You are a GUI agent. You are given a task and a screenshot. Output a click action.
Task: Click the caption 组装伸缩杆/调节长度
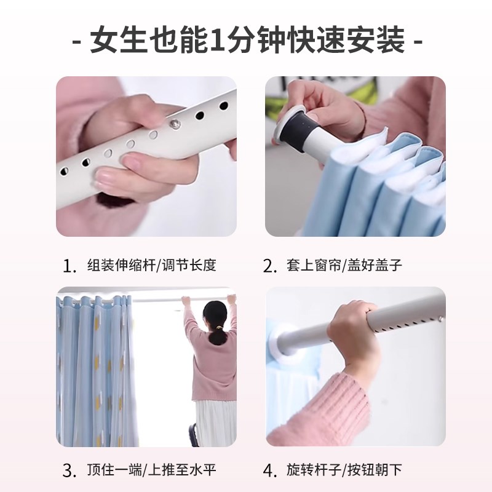click(151, 266)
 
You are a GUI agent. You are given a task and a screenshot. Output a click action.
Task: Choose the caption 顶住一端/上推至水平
click(151, 471)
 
